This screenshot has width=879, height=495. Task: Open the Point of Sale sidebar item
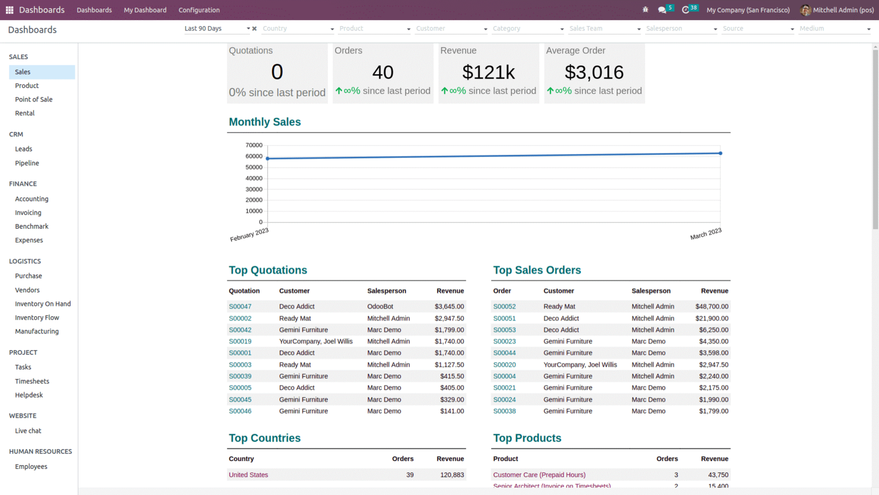[x=34, y=99]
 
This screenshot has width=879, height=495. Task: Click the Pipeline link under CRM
[x=27, y=163]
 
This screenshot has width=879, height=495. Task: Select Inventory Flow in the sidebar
[x=37, y=317]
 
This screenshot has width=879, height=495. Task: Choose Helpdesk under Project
[x=29, y=395]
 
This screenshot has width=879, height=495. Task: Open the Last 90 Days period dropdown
[x=217, y=29]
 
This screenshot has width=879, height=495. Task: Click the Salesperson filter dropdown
[x=681, y=29]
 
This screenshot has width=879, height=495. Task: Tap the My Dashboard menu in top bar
[x=145, y=10]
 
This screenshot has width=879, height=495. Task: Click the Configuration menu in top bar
[x=199, y=10]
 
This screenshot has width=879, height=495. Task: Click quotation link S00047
[x=240, y=307]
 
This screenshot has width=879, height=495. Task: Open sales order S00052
[x=504, y=307]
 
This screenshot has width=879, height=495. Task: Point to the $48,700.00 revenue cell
[x=712, y=307]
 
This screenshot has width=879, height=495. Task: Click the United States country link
[x=248, y=475]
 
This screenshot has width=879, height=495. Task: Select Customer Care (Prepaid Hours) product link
[x=539, y=475]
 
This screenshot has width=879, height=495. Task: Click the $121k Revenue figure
[x=488, y=72]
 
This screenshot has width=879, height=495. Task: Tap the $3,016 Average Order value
[x=594, y=72]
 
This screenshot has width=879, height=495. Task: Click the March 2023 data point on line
[x=720, y=153]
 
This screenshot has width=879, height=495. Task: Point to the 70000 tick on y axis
[x=254, y=145]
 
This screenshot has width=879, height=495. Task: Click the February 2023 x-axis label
[x=249, y=235]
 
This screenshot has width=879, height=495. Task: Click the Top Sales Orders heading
[x=537, y=270]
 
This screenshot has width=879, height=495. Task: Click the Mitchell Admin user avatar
[x=805, y=10]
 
